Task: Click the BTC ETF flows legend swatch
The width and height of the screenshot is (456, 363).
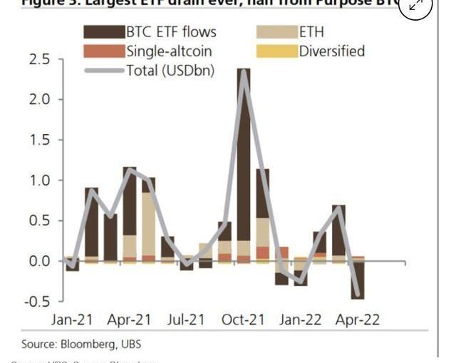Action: tap(103, 32)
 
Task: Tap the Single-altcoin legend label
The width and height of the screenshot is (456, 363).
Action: tap(169, 51)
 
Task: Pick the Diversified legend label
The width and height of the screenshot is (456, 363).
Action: tap(331, 51)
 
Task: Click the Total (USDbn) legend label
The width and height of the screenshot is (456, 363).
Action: tap(170, 70)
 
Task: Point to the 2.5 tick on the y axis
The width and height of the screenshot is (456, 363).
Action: tap(39, 59)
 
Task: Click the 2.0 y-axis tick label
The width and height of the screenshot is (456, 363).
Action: tap(39, 99)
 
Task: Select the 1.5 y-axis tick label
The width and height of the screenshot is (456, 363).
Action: tap(39, 140)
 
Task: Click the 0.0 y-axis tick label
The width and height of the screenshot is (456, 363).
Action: tap(39, 261)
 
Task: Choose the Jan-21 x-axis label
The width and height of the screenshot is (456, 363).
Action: tap(71, 319)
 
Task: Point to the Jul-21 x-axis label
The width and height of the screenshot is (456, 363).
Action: tap(186, 319)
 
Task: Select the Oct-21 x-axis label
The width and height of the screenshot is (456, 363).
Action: tap(244, 319)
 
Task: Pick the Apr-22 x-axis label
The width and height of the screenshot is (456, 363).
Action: tap(358, 319)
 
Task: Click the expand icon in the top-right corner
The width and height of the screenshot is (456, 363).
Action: tap(416, 6)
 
